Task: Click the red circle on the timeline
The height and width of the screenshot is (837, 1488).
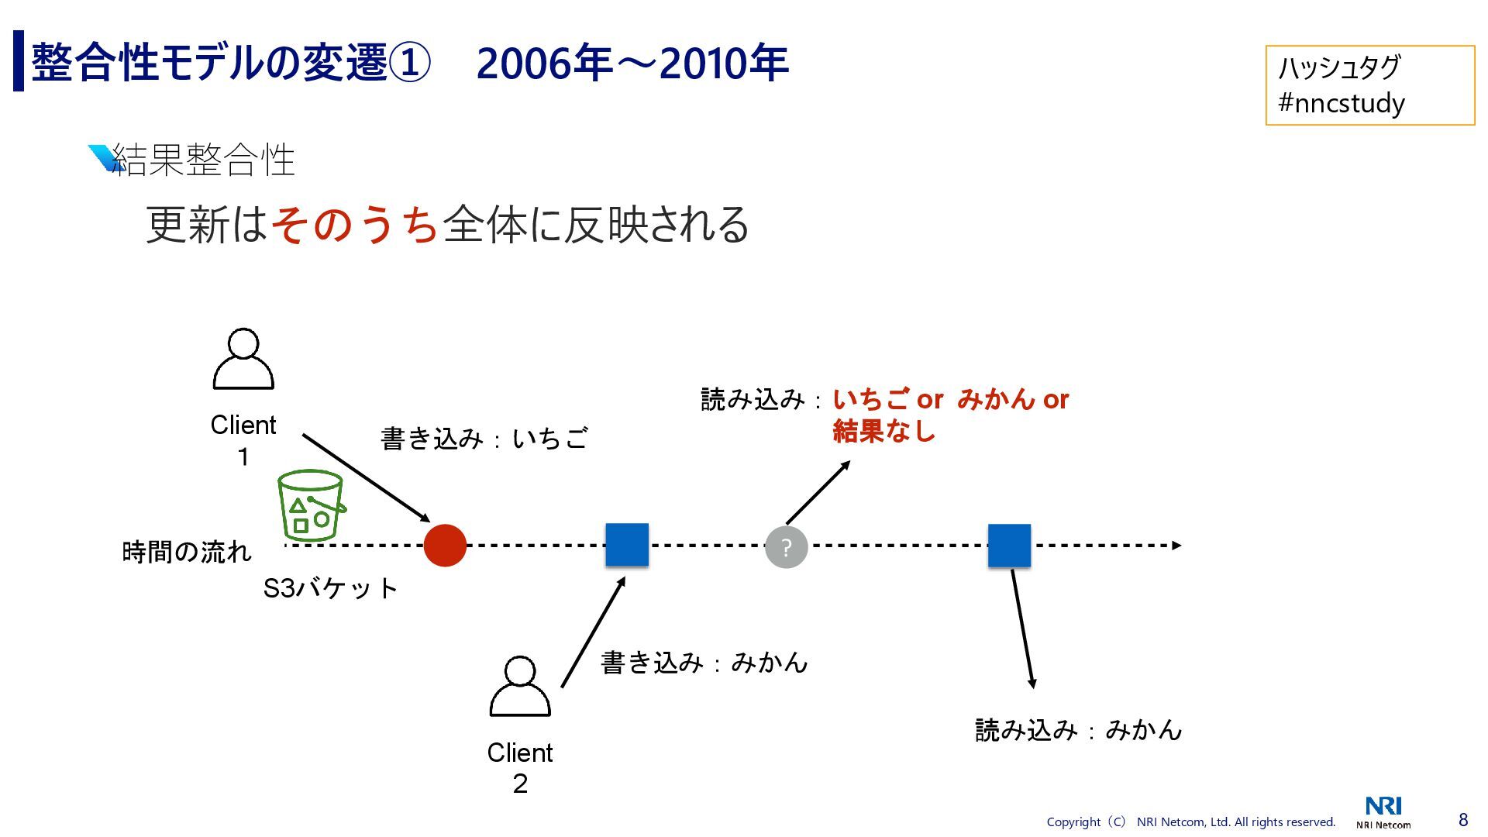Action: click(445, 546)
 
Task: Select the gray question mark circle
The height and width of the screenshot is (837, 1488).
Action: click(786, 547)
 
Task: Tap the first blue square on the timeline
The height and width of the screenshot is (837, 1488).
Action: click(626, 545)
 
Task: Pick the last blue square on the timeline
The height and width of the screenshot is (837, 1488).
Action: click(1009, 546)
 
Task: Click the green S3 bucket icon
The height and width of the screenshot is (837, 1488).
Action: click(311, 505)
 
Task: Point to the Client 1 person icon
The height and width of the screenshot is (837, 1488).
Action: click(243, 359)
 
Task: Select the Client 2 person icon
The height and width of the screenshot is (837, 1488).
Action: click(520, 687)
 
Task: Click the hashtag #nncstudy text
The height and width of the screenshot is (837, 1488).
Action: click(1342, 103)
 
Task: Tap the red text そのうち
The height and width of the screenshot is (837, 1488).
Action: click(356, 225)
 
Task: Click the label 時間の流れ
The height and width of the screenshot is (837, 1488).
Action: click(187, 552)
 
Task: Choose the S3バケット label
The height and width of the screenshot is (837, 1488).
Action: click(330, 588)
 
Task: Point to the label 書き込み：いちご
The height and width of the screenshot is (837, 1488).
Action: click(484, 439)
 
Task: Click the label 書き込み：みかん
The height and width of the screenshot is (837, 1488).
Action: click(704, 663)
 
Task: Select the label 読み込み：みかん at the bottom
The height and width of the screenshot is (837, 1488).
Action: click(1078, 730)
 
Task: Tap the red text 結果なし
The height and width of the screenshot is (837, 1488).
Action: click(883, 431)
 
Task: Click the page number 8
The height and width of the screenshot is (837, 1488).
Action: click(1463, 820)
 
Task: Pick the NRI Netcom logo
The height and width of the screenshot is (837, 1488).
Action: click(1383, 812)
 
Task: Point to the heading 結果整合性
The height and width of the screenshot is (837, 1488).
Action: click(203, 160)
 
